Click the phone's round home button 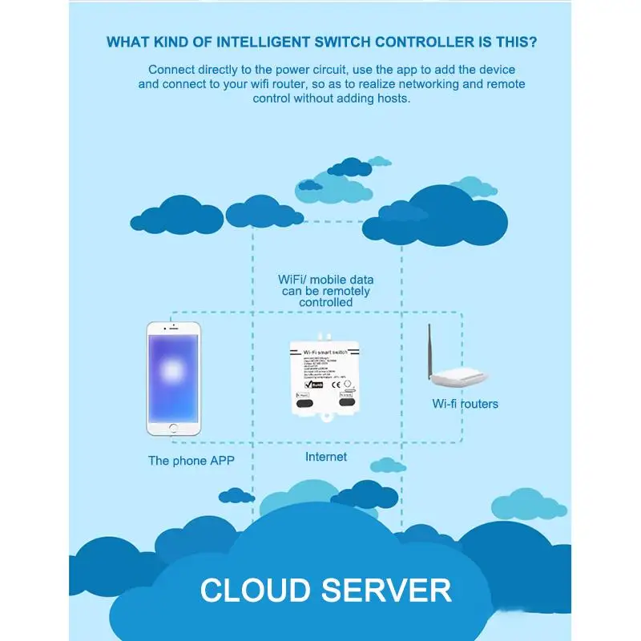(x=173, y=428)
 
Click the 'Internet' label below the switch (x=326, y=457)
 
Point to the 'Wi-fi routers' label (x=465, y=404)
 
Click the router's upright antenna (x=430, y=349)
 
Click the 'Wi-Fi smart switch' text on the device (x=326, y=351)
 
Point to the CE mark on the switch (x=336, y=382)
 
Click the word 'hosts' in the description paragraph (x=394, y=99)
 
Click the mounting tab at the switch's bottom (x=326, y=418)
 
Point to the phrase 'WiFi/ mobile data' (x=326, y=280)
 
